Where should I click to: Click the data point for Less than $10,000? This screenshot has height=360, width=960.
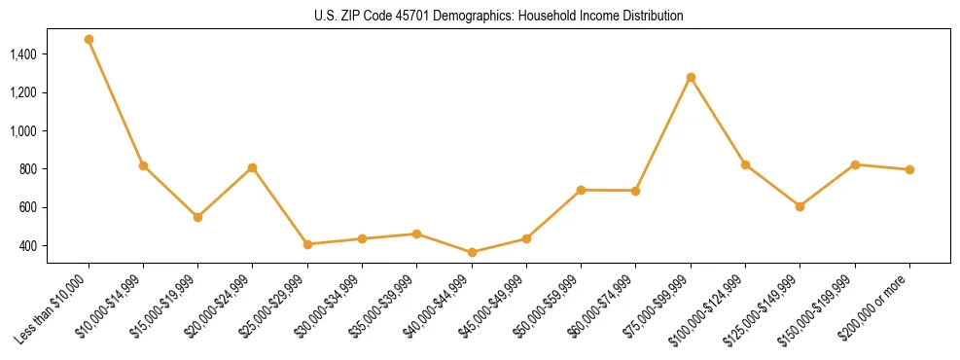[x=89, y=40]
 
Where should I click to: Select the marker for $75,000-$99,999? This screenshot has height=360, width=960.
[x=691, y=77]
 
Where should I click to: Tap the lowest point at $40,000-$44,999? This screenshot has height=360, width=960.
[x=472, y=253]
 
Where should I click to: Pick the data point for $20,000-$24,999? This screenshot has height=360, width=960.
[x=253, y=168]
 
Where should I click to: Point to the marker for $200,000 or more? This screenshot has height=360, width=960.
[x=909, y=169]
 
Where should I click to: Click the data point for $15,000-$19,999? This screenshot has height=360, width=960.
[x=197, y=217]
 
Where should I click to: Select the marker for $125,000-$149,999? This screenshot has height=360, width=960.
[x=800, y=206]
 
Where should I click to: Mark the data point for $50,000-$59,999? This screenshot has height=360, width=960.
[x=581, y=190]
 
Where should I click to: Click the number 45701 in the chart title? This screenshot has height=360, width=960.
[x=412, y=17]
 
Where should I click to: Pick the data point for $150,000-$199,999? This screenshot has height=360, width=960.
[x=855, y=164]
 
